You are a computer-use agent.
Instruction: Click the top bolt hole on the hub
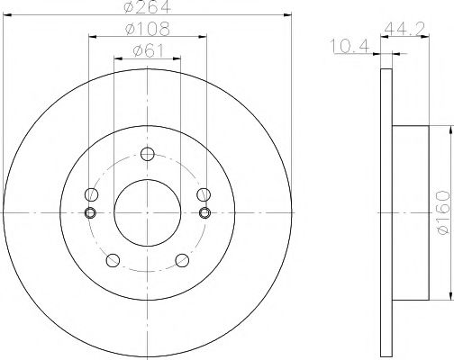tap(148, 155)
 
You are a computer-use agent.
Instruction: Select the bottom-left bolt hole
tap(113, 260)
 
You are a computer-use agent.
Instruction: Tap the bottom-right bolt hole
tap(182, 260)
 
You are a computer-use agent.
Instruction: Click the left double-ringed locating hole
tap(90, 212)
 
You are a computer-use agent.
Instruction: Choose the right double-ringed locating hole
tap(204, 212)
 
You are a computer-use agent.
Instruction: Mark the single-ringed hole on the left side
tap(90, 194)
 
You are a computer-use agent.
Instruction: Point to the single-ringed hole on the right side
tap(204, 194)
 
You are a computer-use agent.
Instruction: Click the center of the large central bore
tap(148, 212)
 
